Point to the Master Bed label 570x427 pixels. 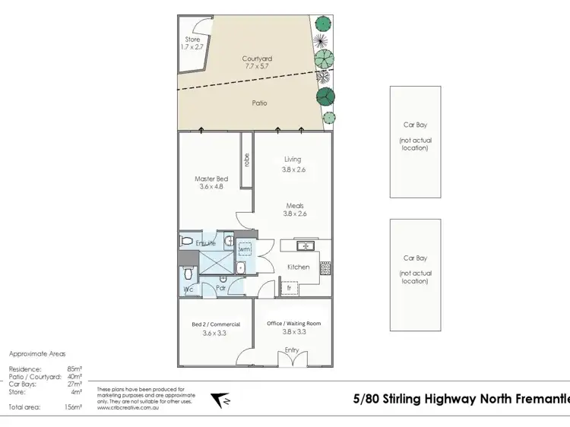coord(211,180)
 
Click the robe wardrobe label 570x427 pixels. coord(247,160)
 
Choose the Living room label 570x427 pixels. coord(293,160)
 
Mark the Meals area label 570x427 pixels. coord(296,205)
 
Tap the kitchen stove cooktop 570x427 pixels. coord(325,267)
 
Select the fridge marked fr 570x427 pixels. coord(289,287)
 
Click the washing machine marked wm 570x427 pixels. coord(245,249)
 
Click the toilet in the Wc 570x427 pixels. coord(188,275)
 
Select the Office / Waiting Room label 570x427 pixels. coord(293,323)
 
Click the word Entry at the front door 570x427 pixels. coord(292,350)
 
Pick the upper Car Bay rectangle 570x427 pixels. coord(415,141)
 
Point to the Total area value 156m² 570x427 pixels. coord(72,408)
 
